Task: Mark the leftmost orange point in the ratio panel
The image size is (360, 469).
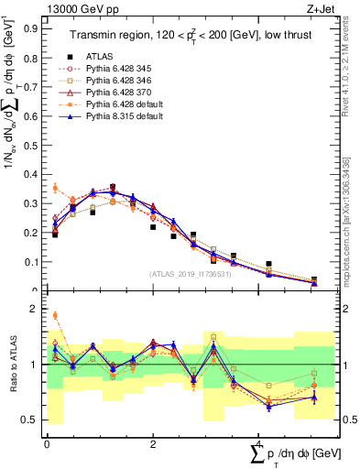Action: click(x=55, y=315)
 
